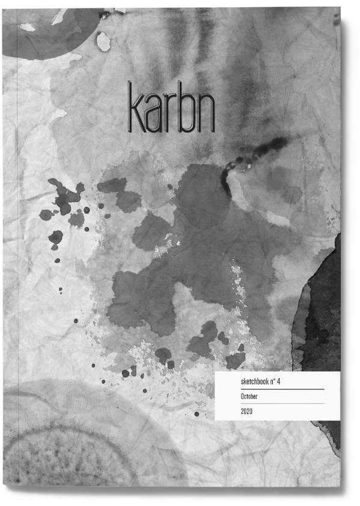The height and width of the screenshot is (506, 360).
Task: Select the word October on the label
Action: (249, 397)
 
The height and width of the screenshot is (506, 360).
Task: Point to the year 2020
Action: (246, 412)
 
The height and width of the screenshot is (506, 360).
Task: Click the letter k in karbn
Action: (136, 109)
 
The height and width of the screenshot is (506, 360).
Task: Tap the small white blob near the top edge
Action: (103, 41)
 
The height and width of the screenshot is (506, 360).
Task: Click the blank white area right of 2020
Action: (301, 412)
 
